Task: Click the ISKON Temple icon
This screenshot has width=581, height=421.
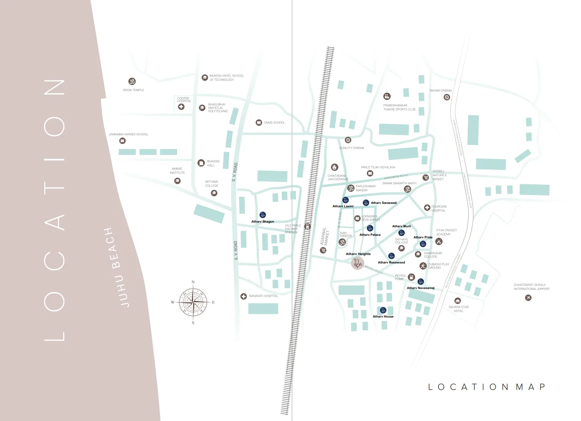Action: pos(132,81)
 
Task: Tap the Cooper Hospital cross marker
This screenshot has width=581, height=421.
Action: pos(181,106)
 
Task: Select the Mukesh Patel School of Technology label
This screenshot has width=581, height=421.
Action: pos(226,77)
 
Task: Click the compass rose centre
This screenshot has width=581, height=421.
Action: pos(193,302)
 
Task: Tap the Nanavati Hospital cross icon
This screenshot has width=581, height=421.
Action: pos(243,296)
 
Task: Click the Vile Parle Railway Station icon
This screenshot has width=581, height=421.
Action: pos(307,227)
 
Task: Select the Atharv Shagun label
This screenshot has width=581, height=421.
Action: pos(263,222)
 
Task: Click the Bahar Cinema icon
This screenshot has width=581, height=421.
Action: pos(446,97)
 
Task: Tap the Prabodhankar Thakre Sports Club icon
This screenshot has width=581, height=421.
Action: pos(386,96)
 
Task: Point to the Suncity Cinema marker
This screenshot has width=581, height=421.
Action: pos(348,140)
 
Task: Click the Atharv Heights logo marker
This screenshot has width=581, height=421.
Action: pos(358,263)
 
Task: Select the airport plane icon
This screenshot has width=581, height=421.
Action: pos(528,298)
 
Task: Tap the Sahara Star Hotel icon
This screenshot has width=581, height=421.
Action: pos(458,301)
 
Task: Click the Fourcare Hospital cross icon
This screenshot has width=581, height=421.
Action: pos(427,208)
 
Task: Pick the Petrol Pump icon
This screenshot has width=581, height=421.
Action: pos(411,277)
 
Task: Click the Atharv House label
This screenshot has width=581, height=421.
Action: pos(383,317)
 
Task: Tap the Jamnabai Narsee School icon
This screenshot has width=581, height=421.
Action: pos(123,140)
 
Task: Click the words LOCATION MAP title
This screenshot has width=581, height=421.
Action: pos(487,387)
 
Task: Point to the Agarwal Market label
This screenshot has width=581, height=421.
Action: pos(325,236)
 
